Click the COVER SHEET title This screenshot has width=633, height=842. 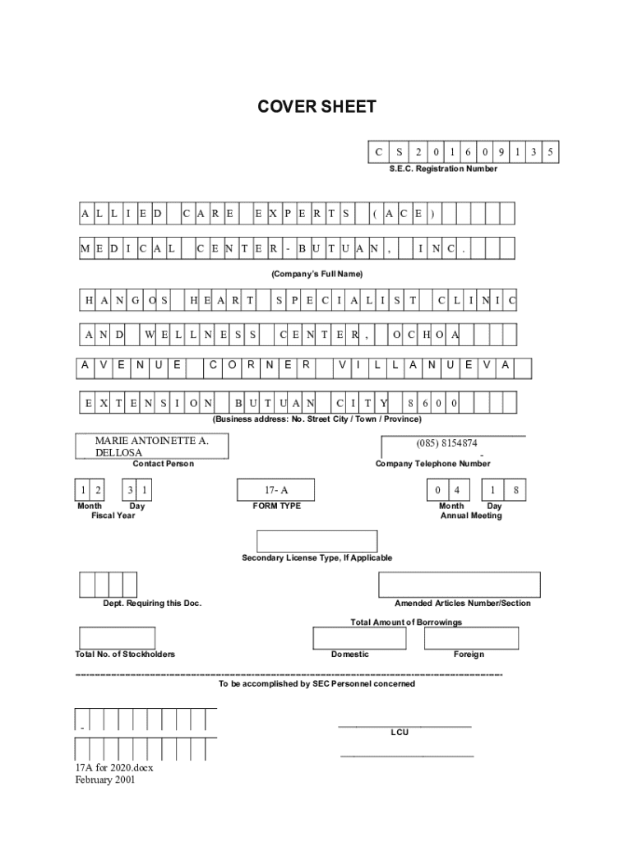pyautogui.click(x=316, y=107)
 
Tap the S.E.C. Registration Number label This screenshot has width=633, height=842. pyautogui.click(x=443, y=169)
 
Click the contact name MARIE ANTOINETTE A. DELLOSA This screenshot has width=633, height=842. pyautogui.click(x=152, y=446)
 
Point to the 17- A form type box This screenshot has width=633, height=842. pyautogui.click(x=275, y=490)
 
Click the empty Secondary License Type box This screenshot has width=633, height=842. pyautogui.click(x=316, y=541)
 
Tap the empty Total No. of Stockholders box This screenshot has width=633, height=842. pyautogui.click(x=117, y=638)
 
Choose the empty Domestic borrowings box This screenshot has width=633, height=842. pyautogui.click(x=350, y=638)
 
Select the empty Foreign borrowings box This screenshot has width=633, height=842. pyautogui.click(x=469, y=638)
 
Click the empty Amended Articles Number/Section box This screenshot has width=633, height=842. pyautogui.click(x=459, y=585)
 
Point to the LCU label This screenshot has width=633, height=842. pyautogui.click(x=400, y=731)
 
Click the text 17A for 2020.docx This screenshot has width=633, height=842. pyautogui.click(x=114, y=768)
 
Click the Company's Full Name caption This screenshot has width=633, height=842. pyautogui.click(x=316, y=273)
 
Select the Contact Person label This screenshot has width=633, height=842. pyautogui.click(x=164, y=464)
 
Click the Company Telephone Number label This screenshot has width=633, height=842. pyautogui.click(x=432, y=464)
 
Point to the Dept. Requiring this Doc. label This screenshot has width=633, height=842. pyautogui.click(x=152, y=604)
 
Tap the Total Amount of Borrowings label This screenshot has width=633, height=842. pyautogui.click(x=406, y=622)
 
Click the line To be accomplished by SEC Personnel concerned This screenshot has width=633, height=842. pyautogui.click(x=316, y=683)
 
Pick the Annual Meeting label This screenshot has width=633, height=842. pyautogui.click(x=471, y=516)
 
